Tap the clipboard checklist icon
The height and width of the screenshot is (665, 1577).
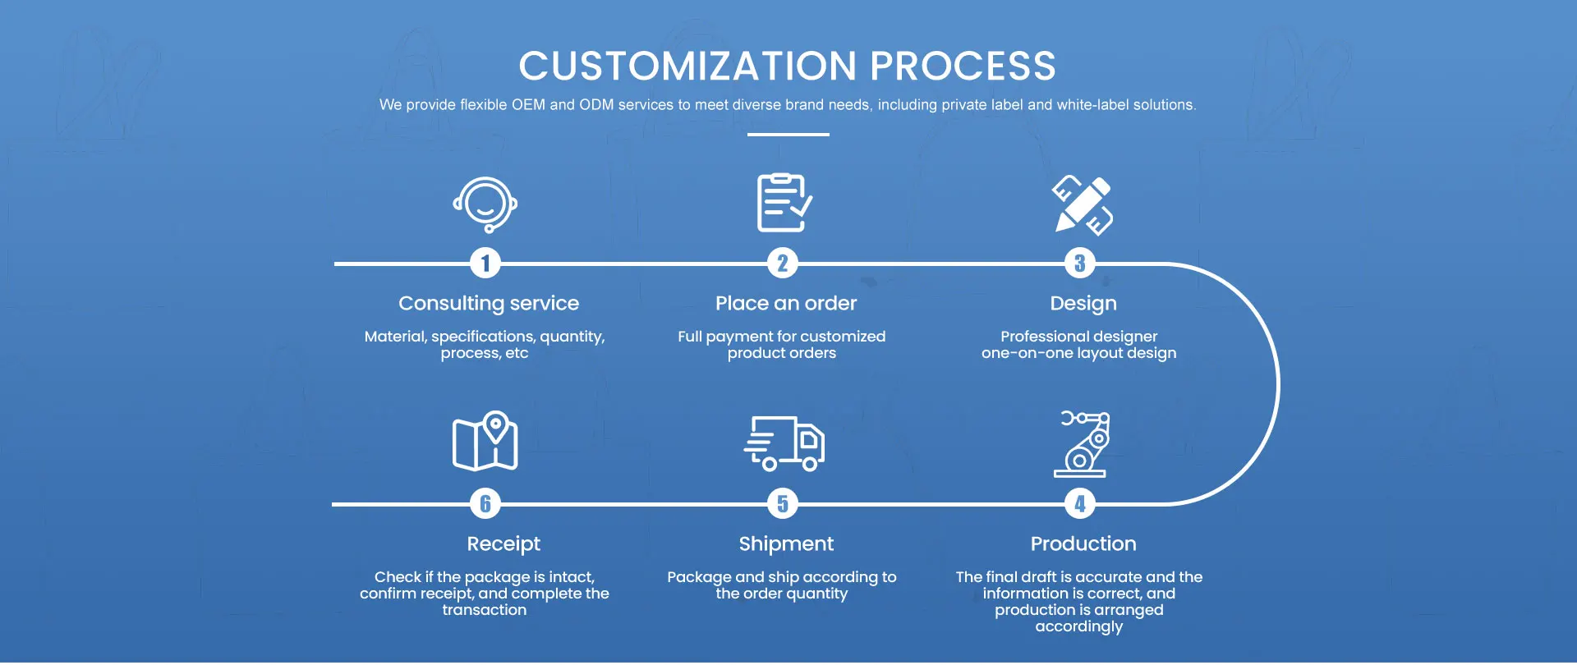(784, 203)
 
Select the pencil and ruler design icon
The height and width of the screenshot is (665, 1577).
(1082, 205)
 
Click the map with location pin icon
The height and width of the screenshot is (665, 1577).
(485, 442)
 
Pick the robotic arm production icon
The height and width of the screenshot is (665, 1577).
(1082, 444)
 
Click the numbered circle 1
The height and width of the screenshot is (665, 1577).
(485, 264)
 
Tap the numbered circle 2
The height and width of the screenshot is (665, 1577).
(783, 264)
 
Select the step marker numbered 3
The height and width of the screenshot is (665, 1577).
(1080, 264)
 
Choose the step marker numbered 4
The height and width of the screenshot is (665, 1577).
(1080, 504)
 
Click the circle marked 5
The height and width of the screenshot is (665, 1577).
(783, 504)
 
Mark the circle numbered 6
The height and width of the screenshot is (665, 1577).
(485, 504)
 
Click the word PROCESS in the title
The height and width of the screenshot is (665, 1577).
(963, 66)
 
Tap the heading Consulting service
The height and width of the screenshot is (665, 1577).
(489, 304)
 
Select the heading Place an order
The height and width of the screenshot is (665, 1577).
(786, 304)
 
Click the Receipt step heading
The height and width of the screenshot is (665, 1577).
(503, 544)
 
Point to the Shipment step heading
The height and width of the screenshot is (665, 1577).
(786, 544)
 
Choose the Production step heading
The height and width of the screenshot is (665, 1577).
(1083, 544)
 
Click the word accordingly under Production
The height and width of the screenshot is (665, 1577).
(1078, 627)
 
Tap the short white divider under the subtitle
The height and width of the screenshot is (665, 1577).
(788, 135)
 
